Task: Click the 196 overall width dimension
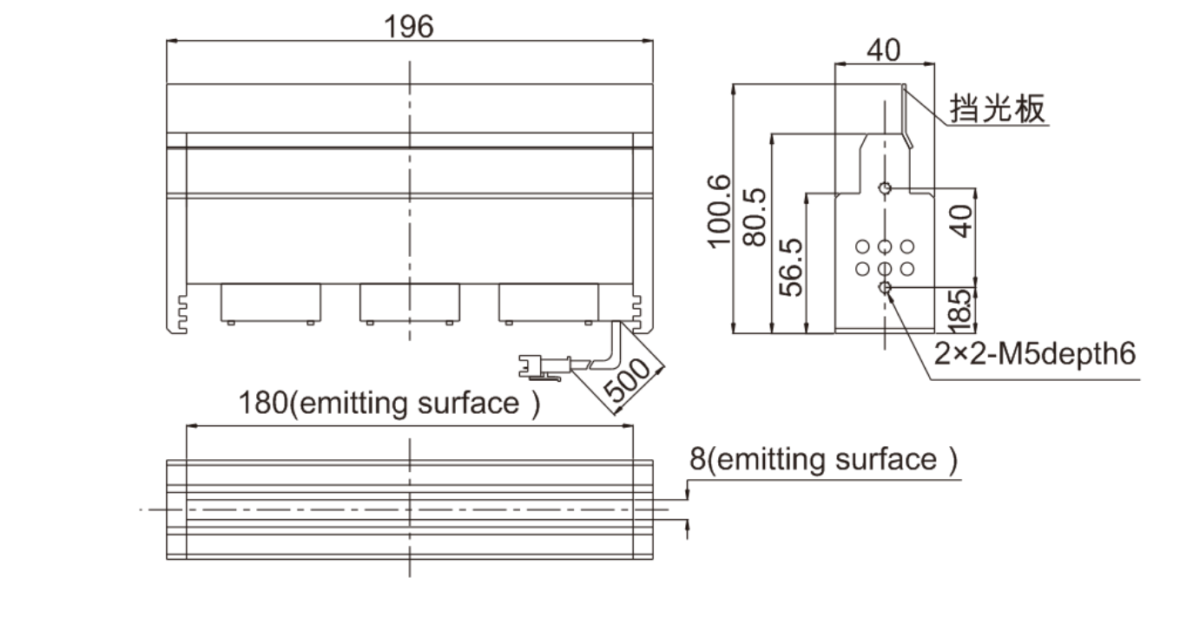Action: pyautogui.click(x=408, y=27)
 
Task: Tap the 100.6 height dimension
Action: pyautogui.click(x=719, y=211)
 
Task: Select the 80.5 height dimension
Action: pyautogui.click(x=755, y=217)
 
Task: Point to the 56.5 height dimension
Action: pyautogui.click(x=790, y=267)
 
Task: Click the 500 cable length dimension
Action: pyautogui.click(x=628, y=380)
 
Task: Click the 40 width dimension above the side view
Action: pyautogui.click(x=884, y=50)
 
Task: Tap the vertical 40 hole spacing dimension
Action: pyautogui.click(x=960, y=221)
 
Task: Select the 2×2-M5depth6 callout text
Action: pyautogui.click(x=1035, y=353)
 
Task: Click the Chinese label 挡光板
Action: pyautogui.click(x=998, y=108)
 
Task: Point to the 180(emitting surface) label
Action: pyautogui.click(x=389, y=403)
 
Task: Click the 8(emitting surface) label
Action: pyautogui.click(x=823, y=459)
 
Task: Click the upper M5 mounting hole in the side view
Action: pyautogui.click(x=885, y=188)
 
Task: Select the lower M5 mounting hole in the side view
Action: pyautogui.click(x=885, y=288)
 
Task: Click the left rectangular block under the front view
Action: pyautogui.click(x=271, y=302)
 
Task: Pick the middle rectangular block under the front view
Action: pyautogui.click(x=410, y=302)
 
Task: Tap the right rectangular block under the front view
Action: pyautogui.click(x=549, y=302)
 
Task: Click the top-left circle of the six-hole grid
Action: pyautogui.click(x=862, y=247)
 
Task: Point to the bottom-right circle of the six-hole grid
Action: pyautogui.click(x=907, y=269)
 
